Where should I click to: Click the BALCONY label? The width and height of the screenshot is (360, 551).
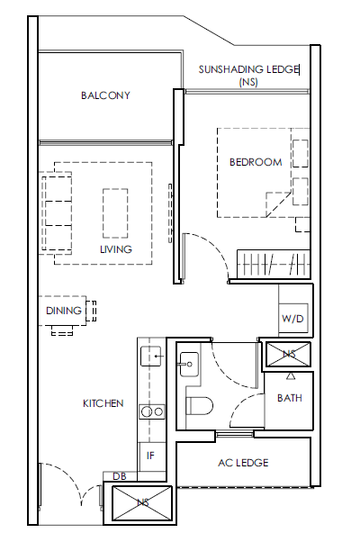(105, 95)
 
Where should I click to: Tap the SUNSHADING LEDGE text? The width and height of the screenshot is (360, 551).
(248, 69)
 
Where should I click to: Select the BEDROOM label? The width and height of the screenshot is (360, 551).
(256, 162)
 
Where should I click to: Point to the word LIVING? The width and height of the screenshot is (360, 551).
(116, 249)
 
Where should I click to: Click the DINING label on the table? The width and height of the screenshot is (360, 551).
(64, 311)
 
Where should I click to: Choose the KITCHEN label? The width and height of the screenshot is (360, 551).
(103, 403)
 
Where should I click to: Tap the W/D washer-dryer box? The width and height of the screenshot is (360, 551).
(293, 319)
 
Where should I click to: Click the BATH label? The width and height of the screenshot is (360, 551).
(290, 398)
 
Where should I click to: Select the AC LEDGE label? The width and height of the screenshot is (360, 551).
(243, 463)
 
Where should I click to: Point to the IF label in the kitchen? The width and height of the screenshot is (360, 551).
(150, 456)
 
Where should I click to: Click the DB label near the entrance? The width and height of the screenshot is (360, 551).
(120, 476)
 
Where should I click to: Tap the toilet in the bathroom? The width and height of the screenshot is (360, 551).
(200, 406)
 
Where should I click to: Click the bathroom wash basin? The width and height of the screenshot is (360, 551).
(189, 364)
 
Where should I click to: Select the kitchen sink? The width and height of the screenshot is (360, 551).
(150, 356)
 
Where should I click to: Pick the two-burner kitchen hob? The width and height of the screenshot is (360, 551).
(152, 411)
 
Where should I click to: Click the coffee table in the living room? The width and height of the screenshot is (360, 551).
(115, 213)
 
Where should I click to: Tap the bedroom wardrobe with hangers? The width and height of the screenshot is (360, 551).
(274, 264)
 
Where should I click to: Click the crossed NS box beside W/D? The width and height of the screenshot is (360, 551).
(288, 354)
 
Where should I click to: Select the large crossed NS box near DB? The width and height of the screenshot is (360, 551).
(142, 503)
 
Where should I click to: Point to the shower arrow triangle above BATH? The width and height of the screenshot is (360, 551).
(290, 376)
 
